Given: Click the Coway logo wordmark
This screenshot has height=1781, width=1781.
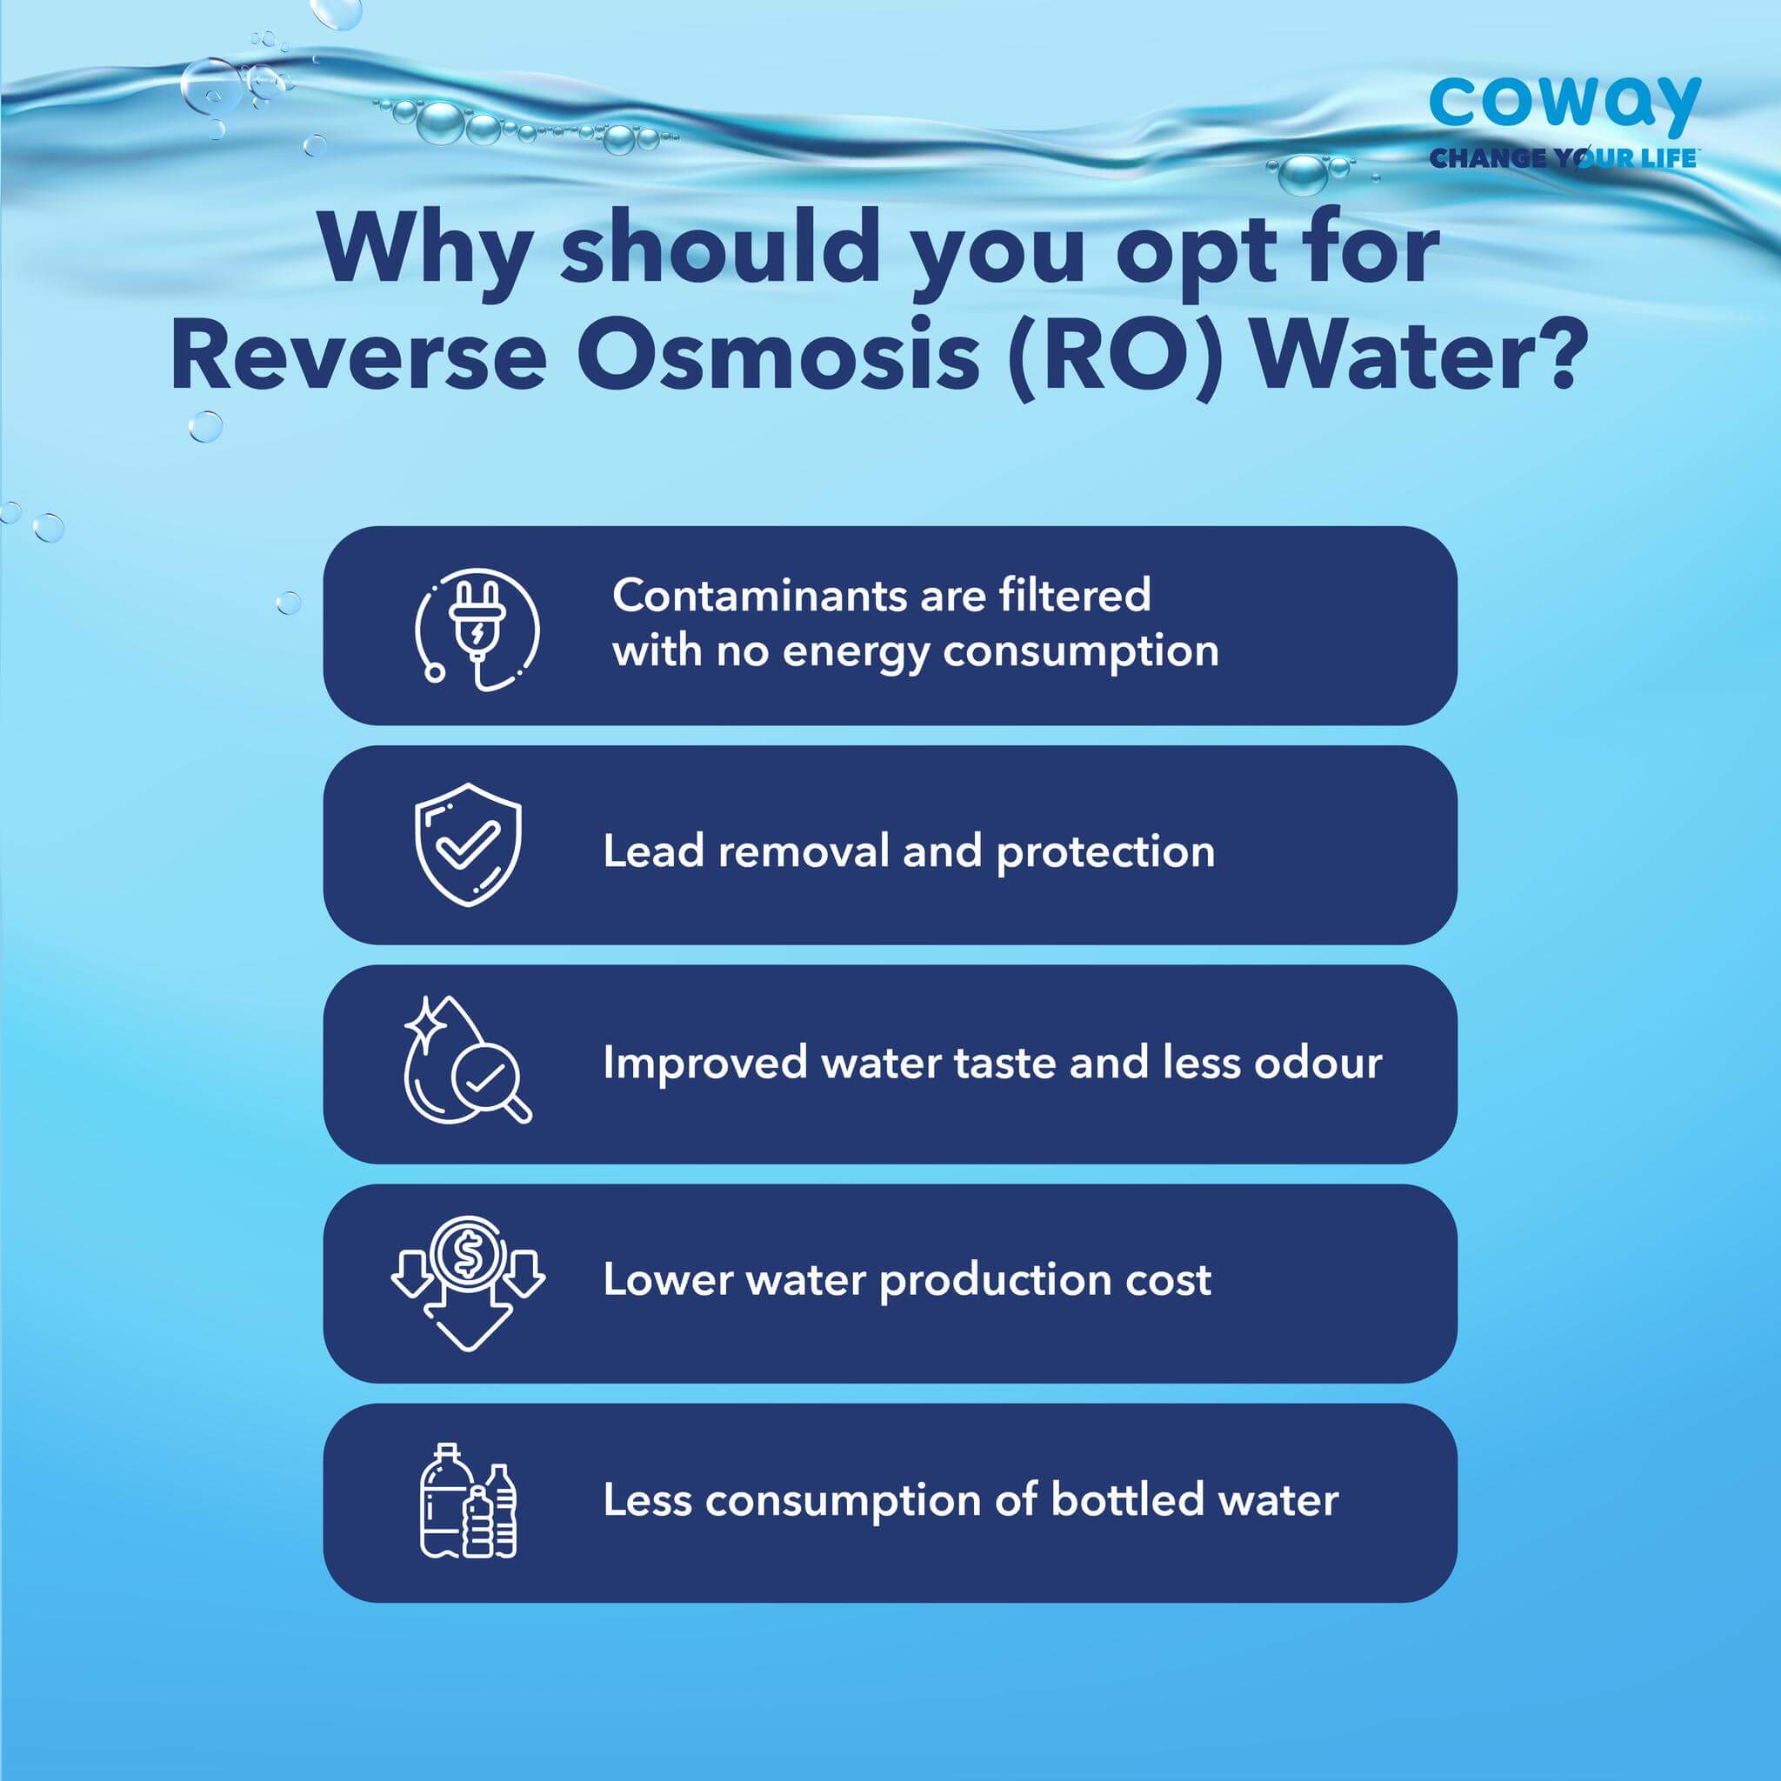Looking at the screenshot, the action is click(x=1564, y=107).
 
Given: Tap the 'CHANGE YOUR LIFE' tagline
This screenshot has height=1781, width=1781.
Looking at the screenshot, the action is click(x=1563, y=157).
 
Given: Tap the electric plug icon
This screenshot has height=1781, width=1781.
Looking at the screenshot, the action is click(x=477, y=630).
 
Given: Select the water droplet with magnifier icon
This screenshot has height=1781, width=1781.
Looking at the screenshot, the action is click(x=467, y=1059).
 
